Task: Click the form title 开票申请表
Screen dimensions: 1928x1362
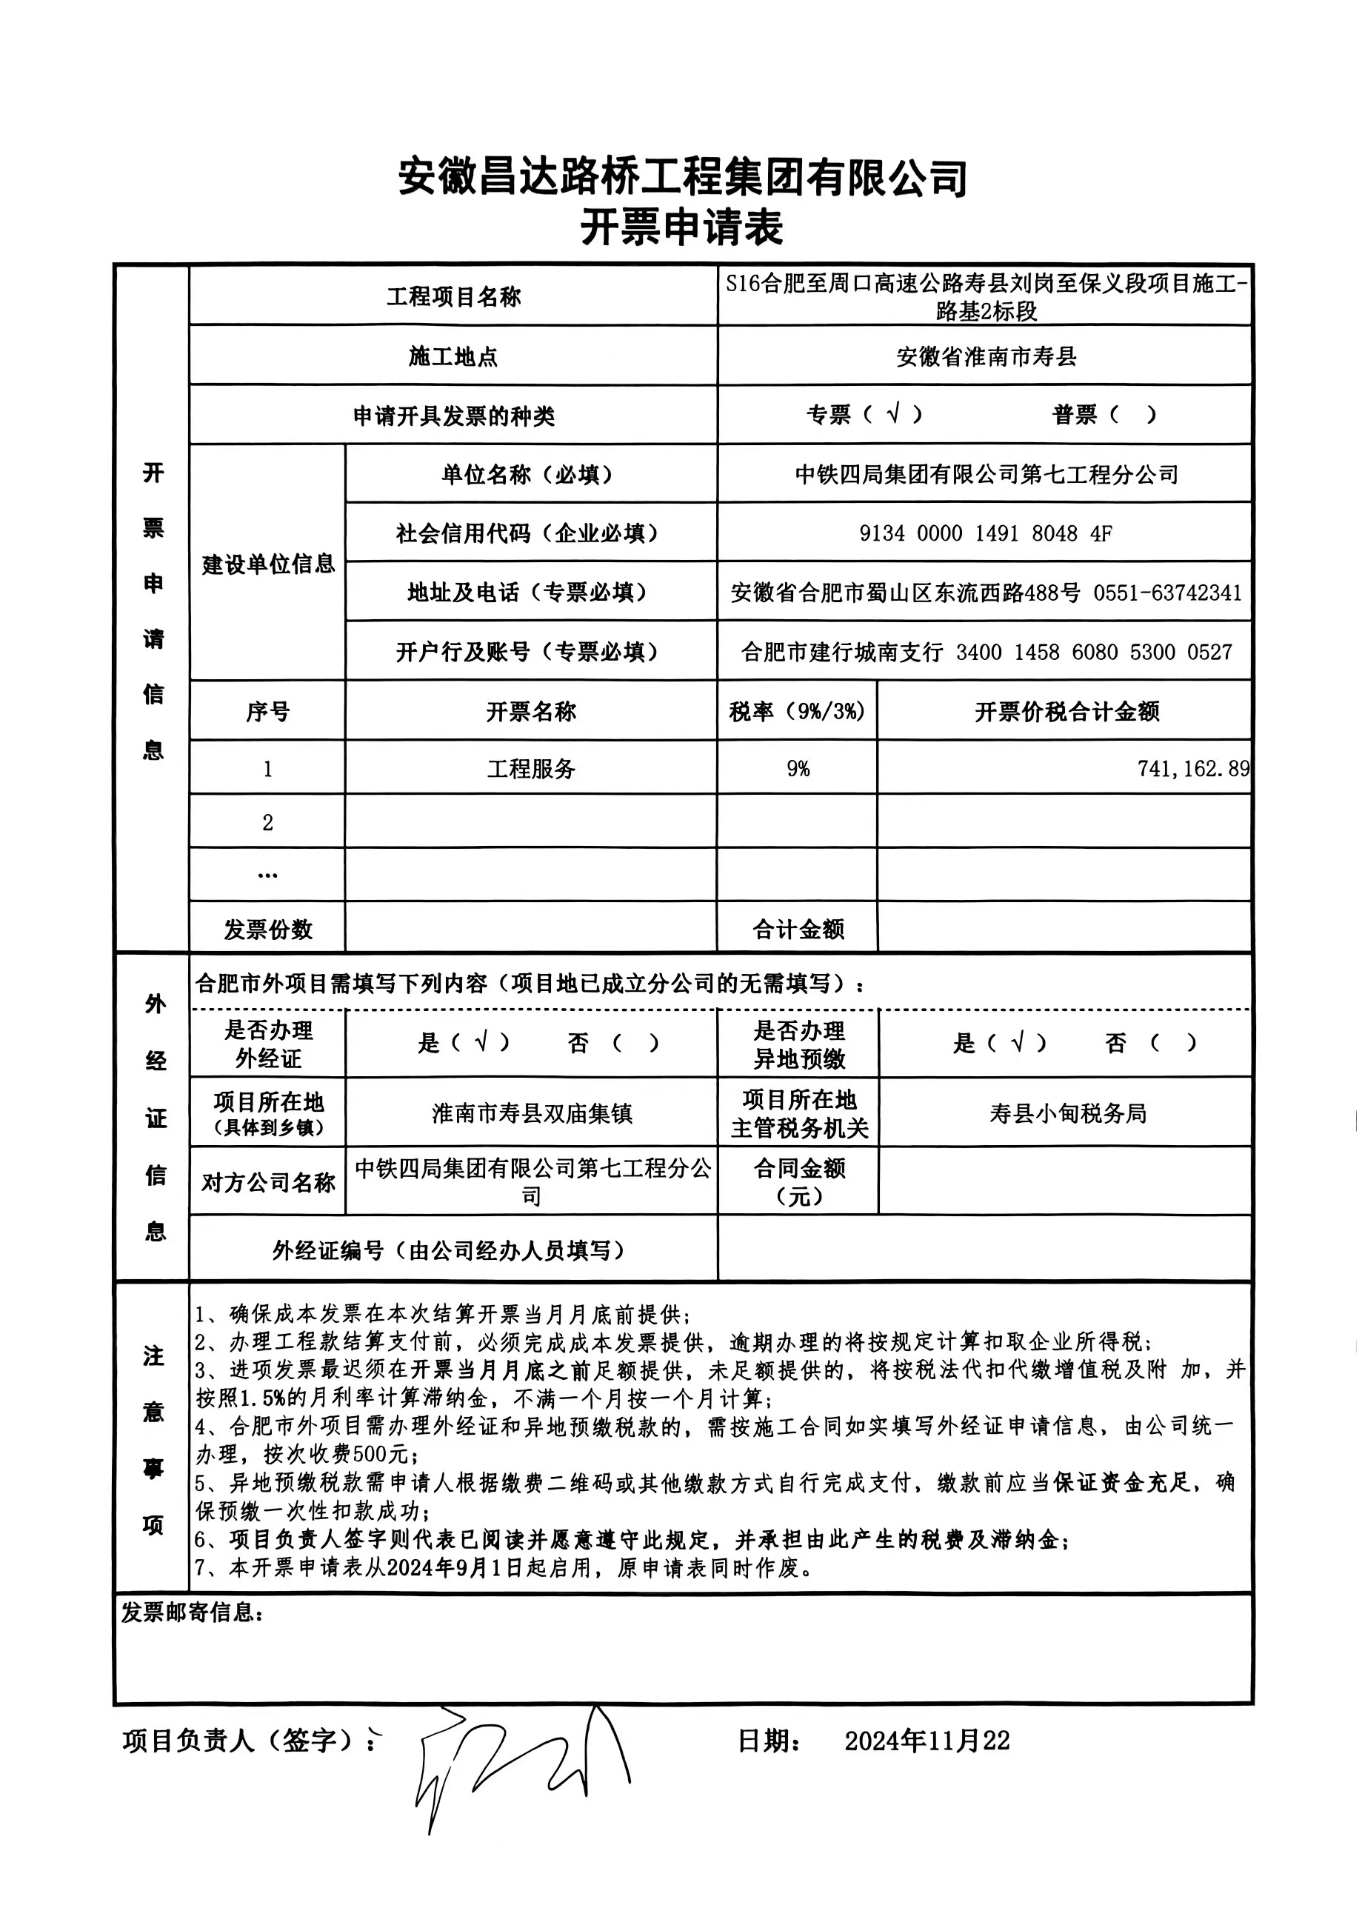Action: (x=681, y=227)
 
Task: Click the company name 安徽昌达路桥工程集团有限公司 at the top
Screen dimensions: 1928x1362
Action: (x=681, y=177)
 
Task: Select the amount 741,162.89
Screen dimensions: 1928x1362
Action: (x=1192, y=768)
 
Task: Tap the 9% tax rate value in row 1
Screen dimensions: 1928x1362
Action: (x=798, y=768)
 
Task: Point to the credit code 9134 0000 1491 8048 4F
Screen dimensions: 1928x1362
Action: (x=985, y=533)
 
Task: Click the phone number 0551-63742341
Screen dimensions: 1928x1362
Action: (x=1166, y=593)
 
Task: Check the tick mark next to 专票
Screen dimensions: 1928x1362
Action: (x=893, y=413)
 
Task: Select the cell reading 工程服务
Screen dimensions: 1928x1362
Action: (x=531, y=768)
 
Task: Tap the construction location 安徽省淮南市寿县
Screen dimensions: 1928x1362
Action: (x=985, y=357)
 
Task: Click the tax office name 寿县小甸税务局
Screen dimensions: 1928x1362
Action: (x=1067, y=1113)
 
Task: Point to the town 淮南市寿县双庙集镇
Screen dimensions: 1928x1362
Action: (x=531, y=1113)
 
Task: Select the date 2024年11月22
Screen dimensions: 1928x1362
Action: (x=927, y=1741)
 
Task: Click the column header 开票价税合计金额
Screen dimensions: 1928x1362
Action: (x=1066, y=712)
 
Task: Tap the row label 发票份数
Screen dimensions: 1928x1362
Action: (x=268, y=929)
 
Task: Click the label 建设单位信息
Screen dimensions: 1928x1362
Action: (x=268, y=564)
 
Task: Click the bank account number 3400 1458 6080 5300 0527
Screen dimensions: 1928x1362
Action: (x=1093, y=653)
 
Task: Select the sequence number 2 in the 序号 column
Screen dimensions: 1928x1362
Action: (x=268, y=822)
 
